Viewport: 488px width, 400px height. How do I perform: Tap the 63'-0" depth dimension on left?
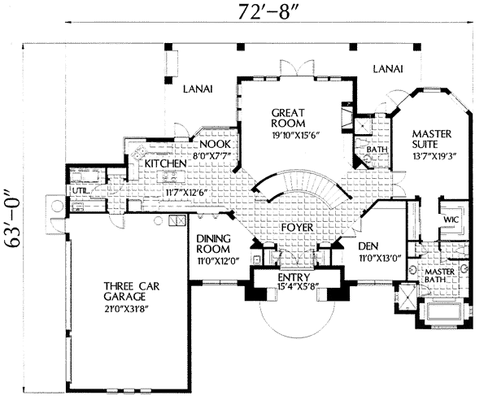(x=13, y=218)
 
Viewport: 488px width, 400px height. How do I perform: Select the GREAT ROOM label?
(x=288, y=118)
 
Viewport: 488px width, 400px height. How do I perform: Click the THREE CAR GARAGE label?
(x=131, y=291)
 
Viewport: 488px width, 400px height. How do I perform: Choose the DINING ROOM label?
(x=213, y=244)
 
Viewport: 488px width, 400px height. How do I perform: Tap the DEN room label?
(x=368, y=246)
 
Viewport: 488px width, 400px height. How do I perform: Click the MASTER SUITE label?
(x=432, y=139)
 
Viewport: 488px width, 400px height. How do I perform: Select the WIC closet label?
(x=451, y=220)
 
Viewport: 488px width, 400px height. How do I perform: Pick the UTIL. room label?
(x=81, y=191)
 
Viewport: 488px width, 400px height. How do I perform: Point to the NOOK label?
(x=215, y=144)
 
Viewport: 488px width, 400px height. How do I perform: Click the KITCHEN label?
(x=166, y=163)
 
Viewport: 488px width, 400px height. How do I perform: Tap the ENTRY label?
(x=294, y=276)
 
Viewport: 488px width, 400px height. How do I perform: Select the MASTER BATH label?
(x=440, y=276)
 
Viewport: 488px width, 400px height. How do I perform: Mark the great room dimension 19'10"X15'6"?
(x=296, y=135)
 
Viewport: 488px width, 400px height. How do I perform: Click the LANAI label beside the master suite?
(x=388, y=69)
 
